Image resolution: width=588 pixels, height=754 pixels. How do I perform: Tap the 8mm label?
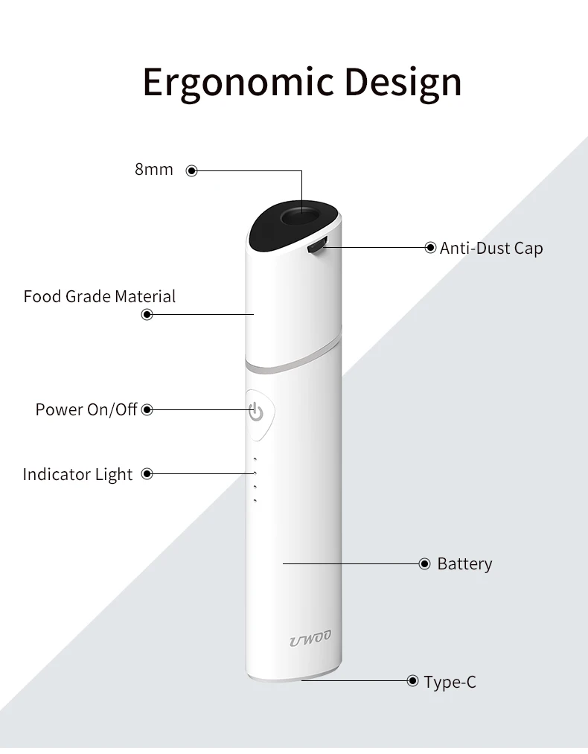(154, 170)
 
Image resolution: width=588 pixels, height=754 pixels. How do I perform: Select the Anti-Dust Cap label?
(491, 248)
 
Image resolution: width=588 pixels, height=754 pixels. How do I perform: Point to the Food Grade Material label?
(100, 296)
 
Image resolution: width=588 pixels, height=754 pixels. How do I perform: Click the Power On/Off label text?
(86, 409)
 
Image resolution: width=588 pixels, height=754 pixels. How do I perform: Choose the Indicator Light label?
(77, 474)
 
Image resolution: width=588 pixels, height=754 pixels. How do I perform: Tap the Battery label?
(464, 564)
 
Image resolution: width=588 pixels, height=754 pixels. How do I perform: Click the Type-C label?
(450, 681)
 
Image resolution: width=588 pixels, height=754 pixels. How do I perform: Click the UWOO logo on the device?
(310, 638)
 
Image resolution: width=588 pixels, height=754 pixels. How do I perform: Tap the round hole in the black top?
(301, 218)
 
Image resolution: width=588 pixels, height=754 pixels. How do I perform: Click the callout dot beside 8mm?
(191, 170)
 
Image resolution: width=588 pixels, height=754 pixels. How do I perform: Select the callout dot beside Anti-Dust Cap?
(430, 248)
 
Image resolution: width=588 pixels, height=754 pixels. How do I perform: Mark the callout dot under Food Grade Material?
(147, 314)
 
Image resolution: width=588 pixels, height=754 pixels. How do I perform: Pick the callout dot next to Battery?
(425, 564)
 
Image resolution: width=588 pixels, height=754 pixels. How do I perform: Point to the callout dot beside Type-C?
(413, 680)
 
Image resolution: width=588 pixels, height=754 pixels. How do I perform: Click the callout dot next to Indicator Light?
(147, 473)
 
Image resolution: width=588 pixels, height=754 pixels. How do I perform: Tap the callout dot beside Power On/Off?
(147, 409)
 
